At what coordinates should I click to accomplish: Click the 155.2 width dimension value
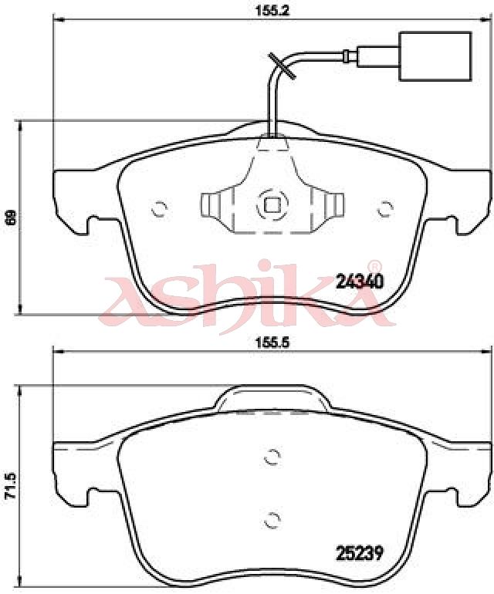(272, 10)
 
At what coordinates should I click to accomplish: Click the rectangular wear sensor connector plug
(435, 56)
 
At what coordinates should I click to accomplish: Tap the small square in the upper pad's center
(272, 205)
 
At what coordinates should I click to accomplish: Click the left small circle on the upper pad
(159, 208)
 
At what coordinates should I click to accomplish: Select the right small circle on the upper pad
(386, 208)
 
